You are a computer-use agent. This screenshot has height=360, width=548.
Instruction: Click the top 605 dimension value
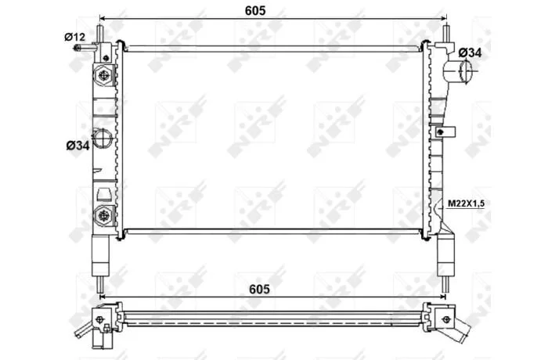tap(255, 10)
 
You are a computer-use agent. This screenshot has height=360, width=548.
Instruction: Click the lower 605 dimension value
tap(259, 290)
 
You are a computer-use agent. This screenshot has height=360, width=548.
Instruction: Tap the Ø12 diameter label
tap(74, 37)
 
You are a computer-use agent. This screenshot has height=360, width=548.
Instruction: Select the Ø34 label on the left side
tap(78, 146)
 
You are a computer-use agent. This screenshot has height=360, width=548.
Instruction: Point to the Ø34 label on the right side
tap(470, 52)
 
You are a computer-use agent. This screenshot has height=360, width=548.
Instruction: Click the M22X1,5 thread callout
tap(467, 203)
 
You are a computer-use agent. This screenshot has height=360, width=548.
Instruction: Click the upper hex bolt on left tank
tap(104, 75)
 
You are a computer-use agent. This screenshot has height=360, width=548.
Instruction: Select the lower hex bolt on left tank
tap(104, 215)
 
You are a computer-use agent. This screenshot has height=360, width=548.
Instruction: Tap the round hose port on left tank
tap(102, 138)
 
